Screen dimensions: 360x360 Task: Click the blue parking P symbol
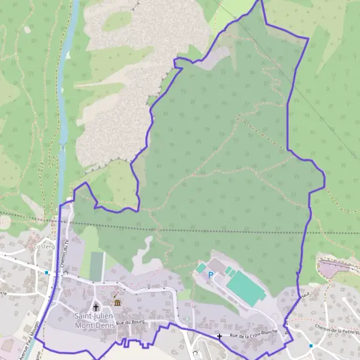210,275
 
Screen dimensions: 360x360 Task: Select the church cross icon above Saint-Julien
95,307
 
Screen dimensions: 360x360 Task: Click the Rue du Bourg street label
132,323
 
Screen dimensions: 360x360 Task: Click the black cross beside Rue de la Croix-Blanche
220,337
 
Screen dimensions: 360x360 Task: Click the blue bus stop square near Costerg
47,272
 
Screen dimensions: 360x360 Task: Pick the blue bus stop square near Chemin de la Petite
311,346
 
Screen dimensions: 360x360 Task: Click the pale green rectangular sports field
97,266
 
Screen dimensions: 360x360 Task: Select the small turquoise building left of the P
201,268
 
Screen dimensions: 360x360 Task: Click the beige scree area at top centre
120,90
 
